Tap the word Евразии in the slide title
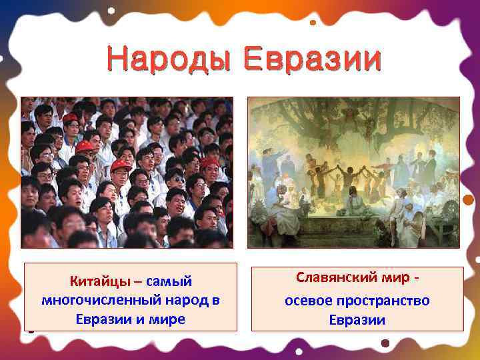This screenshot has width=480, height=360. [x=312, y=60]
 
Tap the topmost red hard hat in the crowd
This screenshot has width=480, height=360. [x=70, y=118]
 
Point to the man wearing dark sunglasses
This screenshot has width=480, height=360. [x=175, y=178]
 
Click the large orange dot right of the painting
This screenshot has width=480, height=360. [x=468, y=199]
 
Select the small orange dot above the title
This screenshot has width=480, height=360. [x=313, y=22]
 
